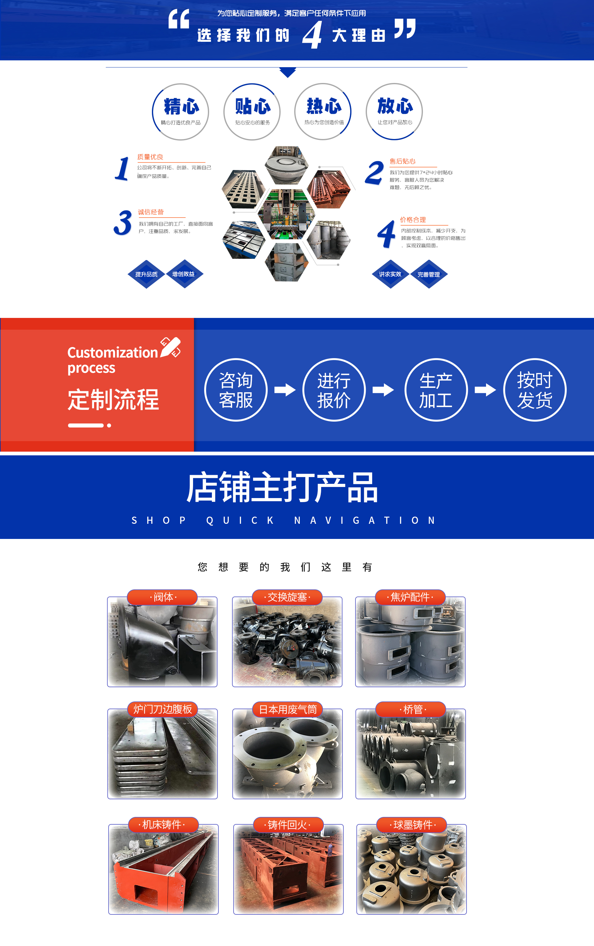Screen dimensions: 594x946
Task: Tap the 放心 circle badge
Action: coord(394,111)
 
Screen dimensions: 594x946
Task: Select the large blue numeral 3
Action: coord(123,223)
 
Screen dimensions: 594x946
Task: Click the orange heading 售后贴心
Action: coord(402,161)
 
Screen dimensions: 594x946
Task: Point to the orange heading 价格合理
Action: coord(413,219)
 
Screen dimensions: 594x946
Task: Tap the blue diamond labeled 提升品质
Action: coord(146,274)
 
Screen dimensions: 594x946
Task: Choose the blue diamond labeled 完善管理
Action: coord(429,274)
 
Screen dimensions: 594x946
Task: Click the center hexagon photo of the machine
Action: coord(286,214)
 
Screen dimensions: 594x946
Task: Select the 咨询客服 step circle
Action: coord(236,390)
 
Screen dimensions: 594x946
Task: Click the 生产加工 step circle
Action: coord(436,390)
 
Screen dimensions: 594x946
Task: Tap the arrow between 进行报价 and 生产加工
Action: coord(383,390)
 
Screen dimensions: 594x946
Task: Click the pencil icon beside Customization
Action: coord(170,347)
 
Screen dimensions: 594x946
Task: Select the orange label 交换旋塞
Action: coord(287,597)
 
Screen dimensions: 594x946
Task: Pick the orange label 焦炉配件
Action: coord(410,597)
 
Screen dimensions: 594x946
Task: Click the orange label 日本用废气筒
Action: coord(287,709)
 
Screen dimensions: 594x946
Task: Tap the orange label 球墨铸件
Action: coord(412,825)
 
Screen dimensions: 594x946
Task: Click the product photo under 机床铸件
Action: coord(163,869)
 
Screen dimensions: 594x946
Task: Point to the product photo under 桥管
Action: coord(411,753)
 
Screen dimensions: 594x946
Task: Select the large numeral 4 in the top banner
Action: coord(312,35)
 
